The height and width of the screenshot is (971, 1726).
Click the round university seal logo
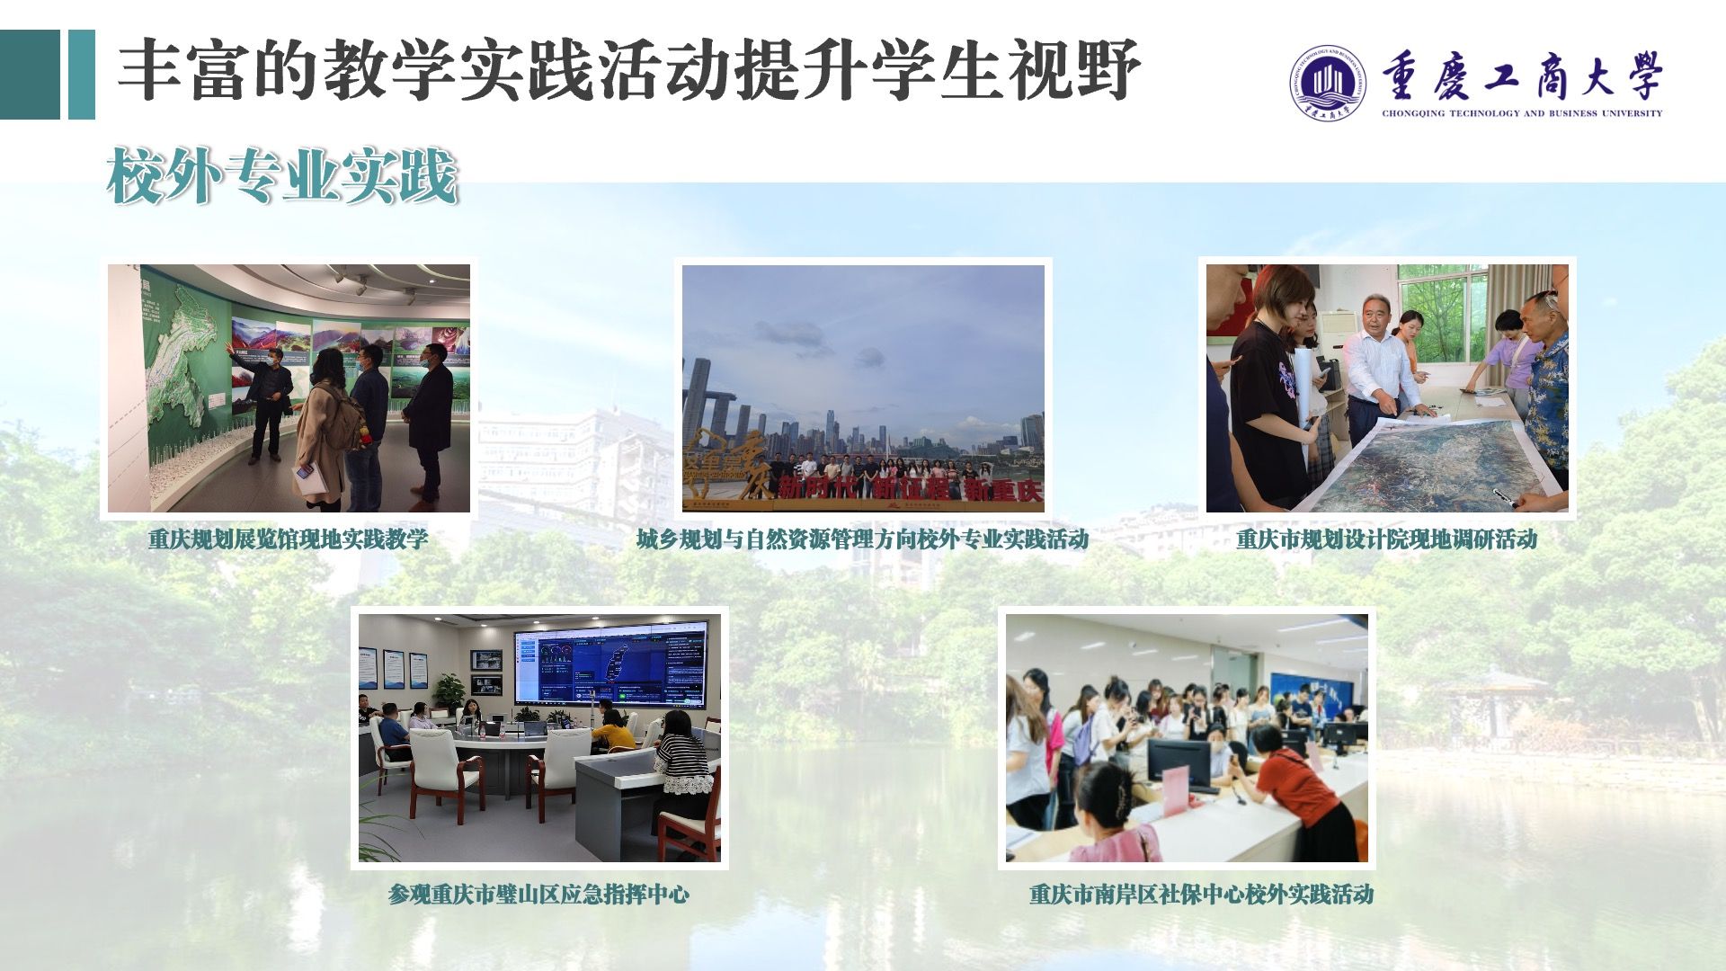[1327, 83]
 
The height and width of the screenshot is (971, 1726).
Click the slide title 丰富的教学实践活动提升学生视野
[628, 70]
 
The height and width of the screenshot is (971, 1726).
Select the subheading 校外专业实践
[282, 176]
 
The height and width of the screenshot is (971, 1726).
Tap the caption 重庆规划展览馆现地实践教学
[288, 539]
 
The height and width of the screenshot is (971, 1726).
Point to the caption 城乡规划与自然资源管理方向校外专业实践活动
[862, 539]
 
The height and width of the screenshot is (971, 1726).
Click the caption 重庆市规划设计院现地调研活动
[1386, 539]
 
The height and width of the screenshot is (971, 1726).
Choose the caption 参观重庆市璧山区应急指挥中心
[538, 895]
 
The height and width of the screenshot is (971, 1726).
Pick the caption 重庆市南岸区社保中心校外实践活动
[1201, 895]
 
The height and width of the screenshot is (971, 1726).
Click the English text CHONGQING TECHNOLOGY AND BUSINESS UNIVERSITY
[1522, 113]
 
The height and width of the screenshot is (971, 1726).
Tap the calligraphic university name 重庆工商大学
[1522, 76]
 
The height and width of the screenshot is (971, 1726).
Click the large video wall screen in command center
[609, 666]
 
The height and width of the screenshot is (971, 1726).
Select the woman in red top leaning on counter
[1300, 791]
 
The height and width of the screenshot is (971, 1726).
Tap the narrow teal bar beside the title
[82, 75]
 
